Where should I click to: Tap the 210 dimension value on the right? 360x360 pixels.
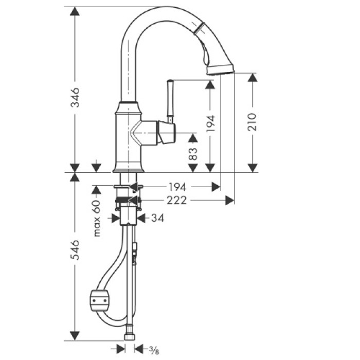[252, 121]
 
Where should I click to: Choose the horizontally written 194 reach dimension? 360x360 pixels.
[176, 187]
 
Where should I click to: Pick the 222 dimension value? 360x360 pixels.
[176, 201]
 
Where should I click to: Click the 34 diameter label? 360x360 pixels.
[158, 219]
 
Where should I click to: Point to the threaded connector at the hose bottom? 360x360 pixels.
[130, 337]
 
